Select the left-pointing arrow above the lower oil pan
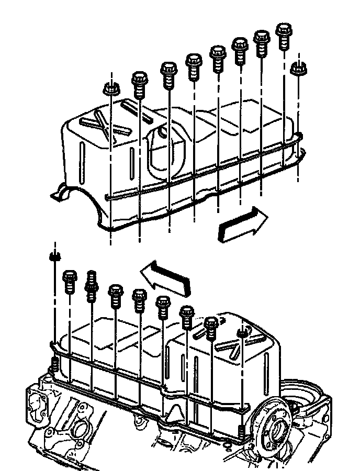point(165,276)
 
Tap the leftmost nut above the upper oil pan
point(110,89)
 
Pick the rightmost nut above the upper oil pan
point(298,69)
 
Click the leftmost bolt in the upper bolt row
point(140,84)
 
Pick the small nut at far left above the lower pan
point(54,257)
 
